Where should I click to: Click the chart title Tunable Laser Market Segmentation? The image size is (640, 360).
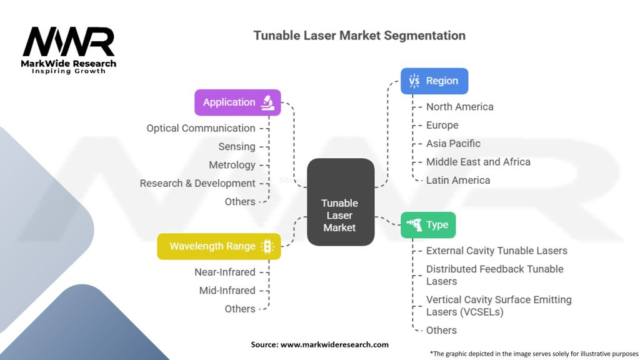tap(359, 36)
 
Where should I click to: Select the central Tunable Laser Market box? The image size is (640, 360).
tap(340, 202)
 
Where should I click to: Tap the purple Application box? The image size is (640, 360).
tap(237, 102)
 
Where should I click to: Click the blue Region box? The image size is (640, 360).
tap(434, 81)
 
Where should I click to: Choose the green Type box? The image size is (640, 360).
tap(428, 225)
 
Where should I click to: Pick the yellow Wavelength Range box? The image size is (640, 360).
tap(218, 246)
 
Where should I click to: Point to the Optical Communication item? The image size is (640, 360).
tap(201, 128)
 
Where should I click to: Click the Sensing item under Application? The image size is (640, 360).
tap(237, 147)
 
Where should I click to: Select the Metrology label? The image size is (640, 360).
tap(232, 165)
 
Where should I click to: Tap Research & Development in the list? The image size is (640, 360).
tap(197, 183)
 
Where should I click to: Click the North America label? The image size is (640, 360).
tap(459, 107)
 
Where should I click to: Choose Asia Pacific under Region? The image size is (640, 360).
tap(453, 143)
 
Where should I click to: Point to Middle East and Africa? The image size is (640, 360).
tap(478, 162)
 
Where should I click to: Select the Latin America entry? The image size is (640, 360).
tap(458, 180)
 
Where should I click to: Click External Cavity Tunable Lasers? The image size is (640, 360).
tap(496, 251)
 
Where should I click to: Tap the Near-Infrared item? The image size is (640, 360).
tap(224, 272)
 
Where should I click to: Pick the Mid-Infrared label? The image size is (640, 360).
tap(227, 291)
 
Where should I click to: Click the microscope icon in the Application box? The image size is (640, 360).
tap(267, 102)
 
